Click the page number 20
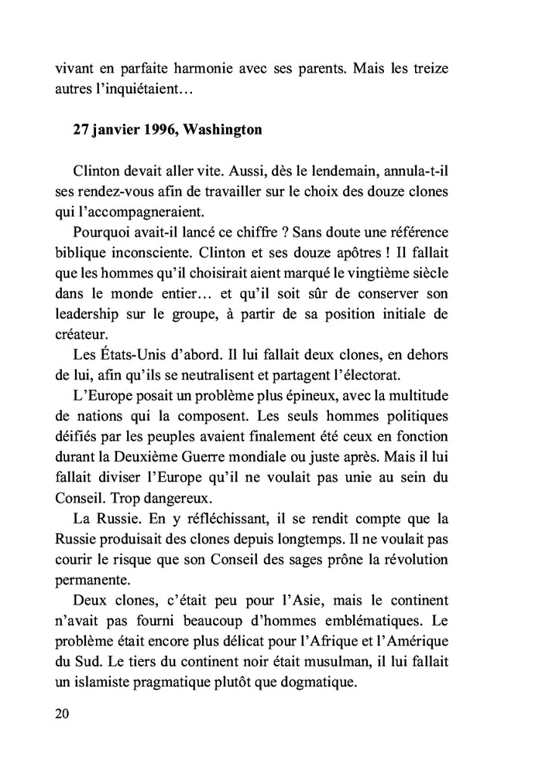pyautogui.click(x=63, y=713)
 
